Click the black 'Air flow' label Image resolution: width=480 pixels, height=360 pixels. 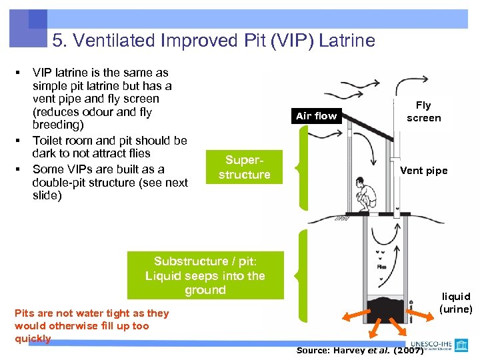point(316,116)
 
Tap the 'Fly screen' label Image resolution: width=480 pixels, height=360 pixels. point(423,111)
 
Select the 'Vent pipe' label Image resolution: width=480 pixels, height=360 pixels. point(423,171)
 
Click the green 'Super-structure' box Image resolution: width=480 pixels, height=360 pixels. point(244,167)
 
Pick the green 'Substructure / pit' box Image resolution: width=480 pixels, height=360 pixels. point(205,275)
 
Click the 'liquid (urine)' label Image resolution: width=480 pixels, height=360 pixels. point(456,302)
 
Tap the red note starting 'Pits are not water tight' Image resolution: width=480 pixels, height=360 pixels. point(91,325)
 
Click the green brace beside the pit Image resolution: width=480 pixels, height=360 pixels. point(303,275)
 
